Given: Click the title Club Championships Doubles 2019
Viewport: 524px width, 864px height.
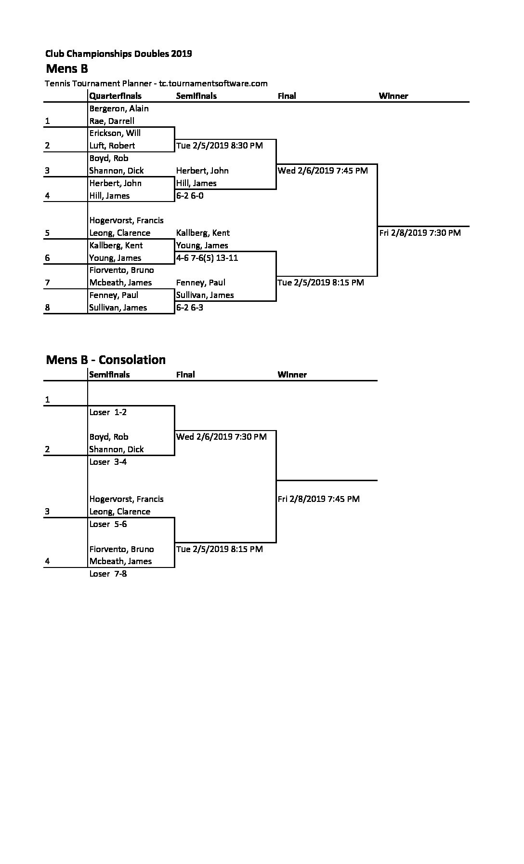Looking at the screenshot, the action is (118, 54).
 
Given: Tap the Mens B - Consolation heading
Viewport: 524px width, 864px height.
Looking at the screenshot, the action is (105, 360).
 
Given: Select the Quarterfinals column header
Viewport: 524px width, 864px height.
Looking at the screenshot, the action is (116, 96).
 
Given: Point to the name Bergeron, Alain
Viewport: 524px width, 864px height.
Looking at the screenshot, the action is (119, 108).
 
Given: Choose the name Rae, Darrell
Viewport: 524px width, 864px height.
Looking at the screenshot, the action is (112, 121).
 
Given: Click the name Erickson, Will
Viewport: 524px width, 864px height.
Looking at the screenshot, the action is (115, 133).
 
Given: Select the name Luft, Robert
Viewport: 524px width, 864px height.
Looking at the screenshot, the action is (112, 146).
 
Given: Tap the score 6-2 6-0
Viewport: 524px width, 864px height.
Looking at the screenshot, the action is (190, 196).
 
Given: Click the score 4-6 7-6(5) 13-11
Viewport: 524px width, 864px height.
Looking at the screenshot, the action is (207, 258).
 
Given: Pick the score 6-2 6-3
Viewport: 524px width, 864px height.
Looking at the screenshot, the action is (190, 308).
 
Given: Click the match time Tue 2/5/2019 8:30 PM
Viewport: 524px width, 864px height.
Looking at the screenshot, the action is (220, 146).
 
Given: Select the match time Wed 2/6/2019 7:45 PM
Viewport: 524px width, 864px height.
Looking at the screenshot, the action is (323, 171).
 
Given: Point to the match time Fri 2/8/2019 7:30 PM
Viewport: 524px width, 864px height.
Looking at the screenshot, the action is (420, 233).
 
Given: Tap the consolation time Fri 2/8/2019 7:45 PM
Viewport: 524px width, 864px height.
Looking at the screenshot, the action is (319, 499).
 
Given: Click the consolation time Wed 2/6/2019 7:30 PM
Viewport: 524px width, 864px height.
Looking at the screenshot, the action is (222, 437).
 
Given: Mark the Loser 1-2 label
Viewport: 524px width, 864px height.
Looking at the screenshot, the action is (108, 412).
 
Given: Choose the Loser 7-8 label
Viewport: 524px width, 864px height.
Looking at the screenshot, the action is (108, 574).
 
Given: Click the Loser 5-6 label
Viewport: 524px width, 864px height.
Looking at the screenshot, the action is (108, 524).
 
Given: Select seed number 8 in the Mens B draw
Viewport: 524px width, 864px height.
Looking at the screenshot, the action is (47, 308).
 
